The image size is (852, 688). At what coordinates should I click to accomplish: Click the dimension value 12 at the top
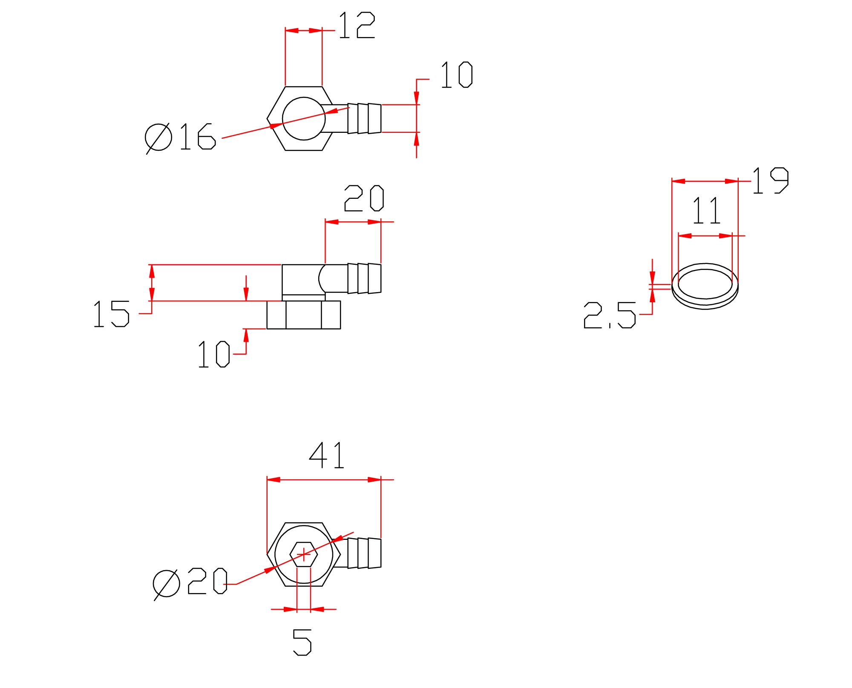pyautogui.click(x=357, y=25)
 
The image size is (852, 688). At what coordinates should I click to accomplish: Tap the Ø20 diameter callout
pyautogui.click(x=190, y=583)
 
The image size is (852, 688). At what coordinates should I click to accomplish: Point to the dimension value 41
pyautogui.click(x=327, y=455)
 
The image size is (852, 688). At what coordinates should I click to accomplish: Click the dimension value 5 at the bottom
pyautogui.click(x=302, y=642)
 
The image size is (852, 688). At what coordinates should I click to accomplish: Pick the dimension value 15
pyautogui.click(x=111, y=314)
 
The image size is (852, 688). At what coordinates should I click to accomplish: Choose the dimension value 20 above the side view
pyautogui.click(x=364, y=198)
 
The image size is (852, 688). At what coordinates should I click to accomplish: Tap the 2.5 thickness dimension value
pyautogui.click(x=610, y=315)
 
